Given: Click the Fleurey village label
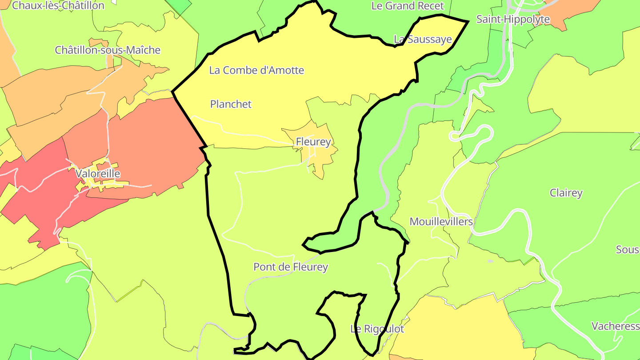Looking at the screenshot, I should point(313,142).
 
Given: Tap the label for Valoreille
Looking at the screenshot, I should point(98,173).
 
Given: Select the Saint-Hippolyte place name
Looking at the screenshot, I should point(513,19).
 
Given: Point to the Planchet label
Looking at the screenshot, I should point(231,104).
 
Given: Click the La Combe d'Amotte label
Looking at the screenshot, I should point(256,70).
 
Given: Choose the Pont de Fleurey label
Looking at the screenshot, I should point(290,267).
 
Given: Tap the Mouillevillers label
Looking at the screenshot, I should point(441,221).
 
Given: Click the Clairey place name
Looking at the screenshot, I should point(566,193).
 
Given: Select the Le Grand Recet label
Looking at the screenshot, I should point(408,6).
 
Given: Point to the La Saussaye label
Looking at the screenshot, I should point(423,39).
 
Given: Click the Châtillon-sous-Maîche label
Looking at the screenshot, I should point(108,50).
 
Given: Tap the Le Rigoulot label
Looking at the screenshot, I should point(377,329).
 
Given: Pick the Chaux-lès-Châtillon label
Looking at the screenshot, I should point(58,6).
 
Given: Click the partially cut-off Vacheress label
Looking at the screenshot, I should point(615,326).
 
